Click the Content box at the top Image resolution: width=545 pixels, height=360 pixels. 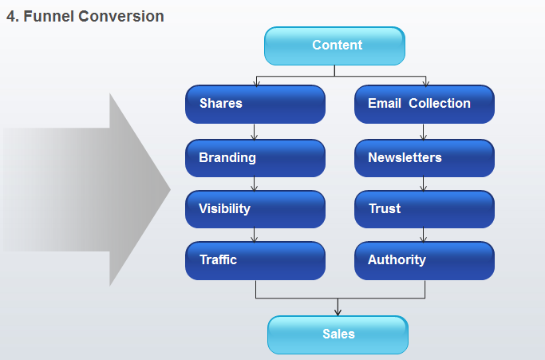coord(334,46)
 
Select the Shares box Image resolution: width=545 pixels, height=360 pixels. coord(255,104)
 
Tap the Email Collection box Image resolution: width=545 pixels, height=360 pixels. coord(425,104)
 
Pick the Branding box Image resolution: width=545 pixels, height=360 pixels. coord(255,158)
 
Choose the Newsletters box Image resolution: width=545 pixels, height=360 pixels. coord(425,158)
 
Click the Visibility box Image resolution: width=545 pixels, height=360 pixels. coord(255,209)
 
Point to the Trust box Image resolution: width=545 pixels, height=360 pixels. coord(425,209)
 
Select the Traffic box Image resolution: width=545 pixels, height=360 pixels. coord(255,260)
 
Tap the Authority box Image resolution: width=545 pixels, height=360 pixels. coord(425,260)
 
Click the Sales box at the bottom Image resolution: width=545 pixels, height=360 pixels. coord(338,334)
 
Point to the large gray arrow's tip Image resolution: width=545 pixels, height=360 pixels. coord(171,189)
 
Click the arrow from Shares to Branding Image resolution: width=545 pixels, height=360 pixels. coord(254,132)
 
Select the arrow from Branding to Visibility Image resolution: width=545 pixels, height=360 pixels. coord(254,184)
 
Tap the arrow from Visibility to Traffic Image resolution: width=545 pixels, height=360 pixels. coord(254,235)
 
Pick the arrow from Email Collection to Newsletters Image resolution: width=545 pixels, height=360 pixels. coord(424,132)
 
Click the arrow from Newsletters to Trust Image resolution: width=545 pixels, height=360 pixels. coord(424,184)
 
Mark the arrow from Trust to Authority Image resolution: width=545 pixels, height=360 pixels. coord(424,235)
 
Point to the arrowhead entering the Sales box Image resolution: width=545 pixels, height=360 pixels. coord(338,312)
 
